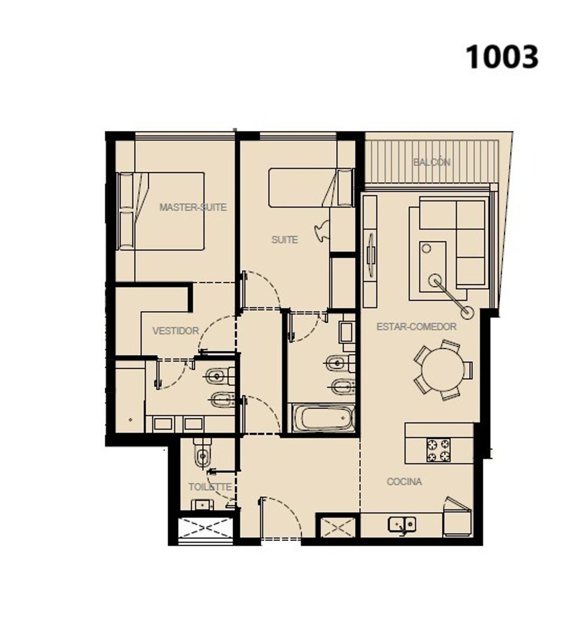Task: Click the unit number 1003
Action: (501, 57)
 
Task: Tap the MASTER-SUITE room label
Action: (193, 207)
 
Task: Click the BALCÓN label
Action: (432, 162)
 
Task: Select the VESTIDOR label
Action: (175, 330)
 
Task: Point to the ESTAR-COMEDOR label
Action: (416, 327)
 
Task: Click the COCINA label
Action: (404, 481)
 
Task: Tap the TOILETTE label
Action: (210, 487)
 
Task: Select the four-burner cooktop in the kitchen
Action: (438, 450)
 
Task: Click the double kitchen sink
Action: (402, 524)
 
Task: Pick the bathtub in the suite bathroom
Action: (323, 418)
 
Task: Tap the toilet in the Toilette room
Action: (202, 453)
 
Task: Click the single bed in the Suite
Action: (311, 188)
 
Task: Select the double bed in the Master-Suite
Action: (160, 211)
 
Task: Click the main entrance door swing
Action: (281, 518)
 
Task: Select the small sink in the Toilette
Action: (202, 504)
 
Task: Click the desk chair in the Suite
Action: (322, 231)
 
